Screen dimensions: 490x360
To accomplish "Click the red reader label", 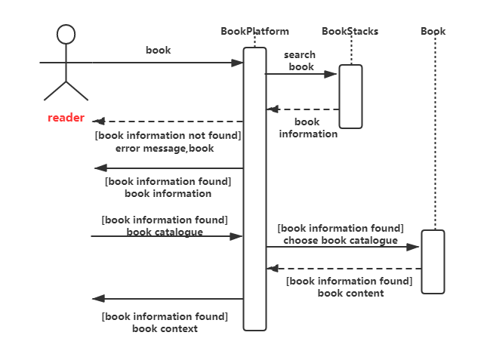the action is tap(66, 118).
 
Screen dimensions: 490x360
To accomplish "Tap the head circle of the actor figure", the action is tap(66, 34).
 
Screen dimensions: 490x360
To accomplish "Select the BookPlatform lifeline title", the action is tap(254, 32).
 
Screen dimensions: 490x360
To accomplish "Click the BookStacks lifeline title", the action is tap(350, 32).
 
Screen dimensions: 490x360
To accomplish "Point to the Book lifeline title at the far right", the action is tap(433, 32).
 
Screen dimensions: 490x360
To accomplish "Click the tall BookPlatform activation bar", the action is tap(254, 189).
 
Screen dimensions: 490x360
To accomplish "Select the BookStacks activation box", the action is tap(350, 96).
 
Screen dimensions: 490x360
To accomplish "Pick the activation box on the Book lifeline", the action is tap(433, 261).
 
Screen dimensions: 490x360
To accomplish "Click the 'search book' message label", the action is tap(300, 61).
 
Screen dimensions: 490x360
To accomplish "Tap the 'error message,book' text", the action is tap(165, 148).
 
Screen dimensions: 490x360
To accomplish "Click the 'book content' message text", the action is tap(350, 293).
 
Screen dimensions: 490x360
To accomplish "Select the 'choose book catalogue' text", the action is tap(340, 240).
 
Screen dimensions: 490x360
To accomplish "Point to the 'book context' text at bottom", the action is tap(165, 328).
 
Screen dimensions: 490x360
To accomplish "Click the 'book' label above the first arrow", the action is tap(159, 51).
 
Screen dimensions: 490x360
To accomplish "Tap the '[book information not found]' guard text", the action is tap(167, 136).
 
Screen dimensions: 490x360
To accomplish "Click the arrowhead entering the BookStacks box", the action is tap(332, 74).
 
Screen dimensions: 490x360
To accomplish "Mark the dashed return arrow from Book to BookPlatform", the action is tap(344, 268).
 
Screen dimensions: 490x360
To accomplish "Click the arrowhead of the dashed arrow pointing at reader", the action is tap(97, 121).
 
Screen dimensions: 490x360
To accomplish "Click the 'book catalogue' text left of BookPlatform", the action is tap(165, 232).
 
